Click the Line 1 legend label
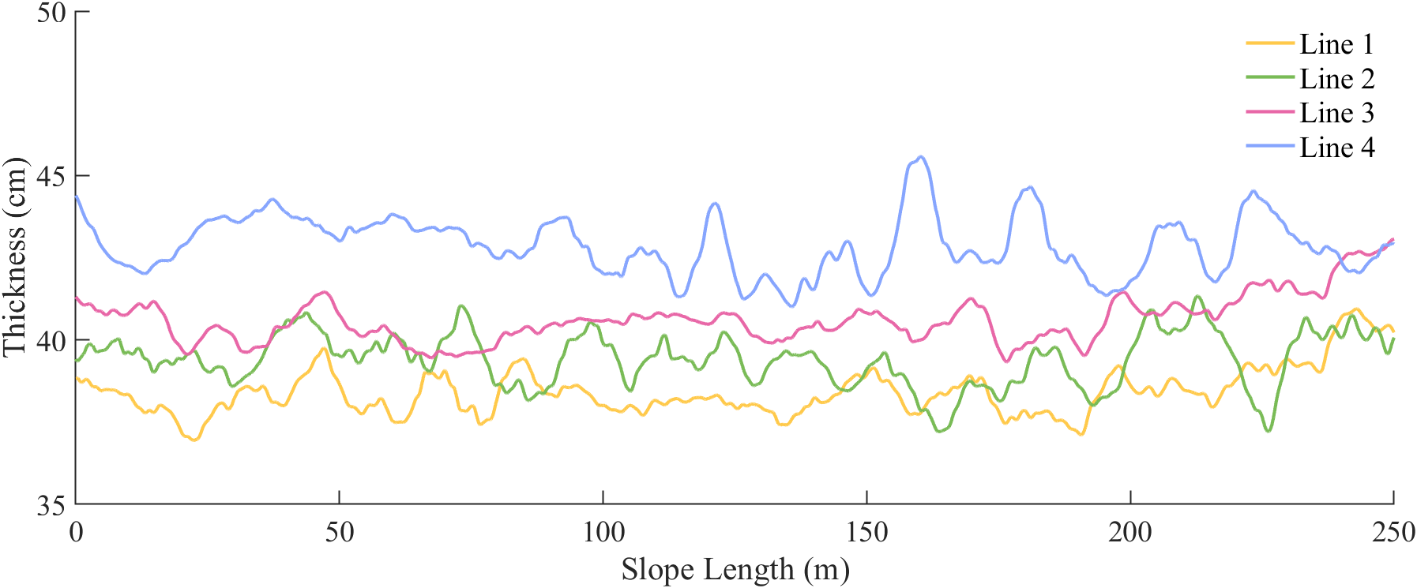pos(1336,44)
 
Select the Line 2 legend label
pos(1336,79)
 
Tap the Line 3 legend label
pos(1336,113)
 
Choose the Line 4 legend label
pos(1336,148)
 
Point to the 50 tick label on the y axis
pos(51,13)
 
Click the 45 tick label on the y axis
pos(51,177)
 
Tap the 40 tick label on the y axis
pos(51,341)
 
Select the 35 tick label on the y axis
pos(51,505)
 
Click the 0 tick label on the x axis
pos(76,532)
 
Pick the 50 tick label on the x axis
pos(340,532)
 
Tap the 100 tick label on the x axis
pos(603,532)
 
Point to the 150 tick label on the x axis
pos(867,532)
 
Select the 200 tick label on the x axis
pos(1130,532)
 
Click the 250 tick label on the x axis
pos(1393,532)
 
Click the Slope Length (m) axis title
pos(735,569)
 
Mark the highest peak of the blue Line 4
pos(920,156)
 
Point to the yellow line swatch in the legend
pos(1269,43)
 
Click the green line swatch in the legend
pos(1269,77)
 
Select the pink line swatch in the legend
pos(1269,112)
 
